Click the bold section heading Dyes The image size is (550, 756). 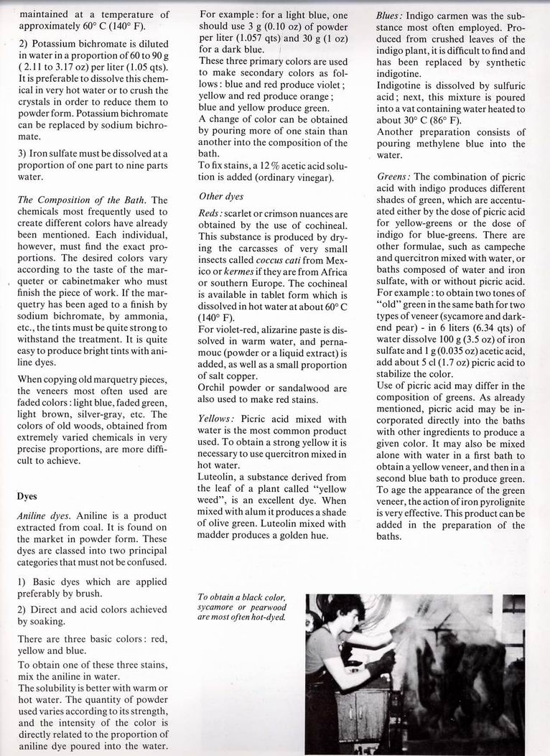(x=27, y=495)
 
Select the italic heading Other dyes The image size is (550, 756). (x=222, y=196)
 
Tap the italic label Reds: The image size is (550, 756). (x=213, y=214)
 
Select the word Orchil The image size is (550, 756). (x=215, y=388)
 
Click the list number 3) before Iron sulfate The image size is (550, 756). (x=23, y=153)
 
